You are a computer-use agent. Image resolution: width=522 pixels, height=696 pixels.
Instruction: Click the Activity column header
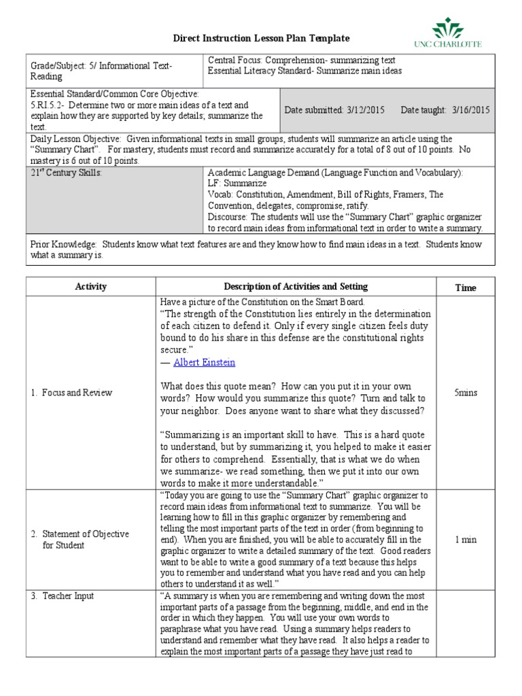(90, 287)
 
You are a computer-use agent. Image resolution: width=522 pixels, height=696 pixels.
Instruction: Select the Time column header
(466, 288)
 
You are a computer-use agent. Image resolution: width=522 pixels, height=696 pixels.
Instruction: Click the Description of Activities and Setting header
(296, 287)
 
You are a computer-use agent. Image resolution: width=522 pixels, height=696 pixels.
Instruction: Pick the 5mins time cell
(466, 393)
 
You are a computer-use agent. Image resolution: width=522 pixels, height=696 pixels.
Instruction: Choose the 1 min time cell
(466, 539)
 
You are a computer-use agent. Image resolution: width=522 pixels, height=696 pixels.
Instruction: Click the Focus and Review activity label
(76, 393)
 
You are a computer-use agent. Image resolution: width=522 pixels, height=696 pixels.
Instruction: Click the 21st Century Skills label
(66, 173)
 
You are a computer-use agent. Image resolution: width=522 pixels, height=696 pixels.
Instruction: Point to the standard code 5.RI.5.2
(50, 105)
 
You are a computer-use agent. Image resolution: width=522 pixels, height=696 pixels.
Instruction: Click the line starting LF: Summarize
(237, 184)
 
